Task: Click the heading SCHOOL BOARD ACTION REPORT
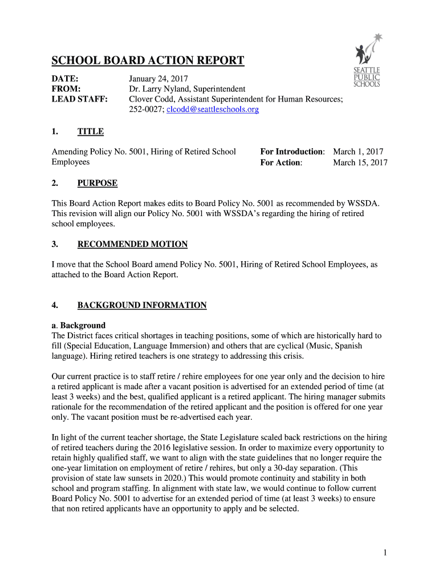click(x=148, y=61)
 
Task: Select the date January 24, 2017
click(x=158, y=78)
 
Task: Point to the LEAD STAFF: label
click(x=80, y=99)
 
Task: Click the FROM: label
click(x=66, y=89)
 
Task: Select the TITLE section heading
click(x=91, y=132)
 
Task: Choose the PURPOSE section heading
click(x=97, y=183)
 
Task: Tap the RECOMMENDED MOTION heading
click(x=132, y=244)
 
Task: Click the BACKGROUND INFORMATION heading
click(x=142, y=305)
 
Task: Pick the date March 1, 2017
click(x=358, y=152)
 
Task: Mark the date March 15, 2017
click(x=360, y=163)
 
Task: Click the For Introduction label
click(x=292, y=152)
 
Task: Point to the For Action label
click(x=281, y=163)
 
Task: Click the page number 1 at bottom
click(x=385, y=553)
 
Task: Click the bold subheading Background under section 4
click(x=83, y=325)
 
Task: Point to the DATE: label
click(x=65, y=78)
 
